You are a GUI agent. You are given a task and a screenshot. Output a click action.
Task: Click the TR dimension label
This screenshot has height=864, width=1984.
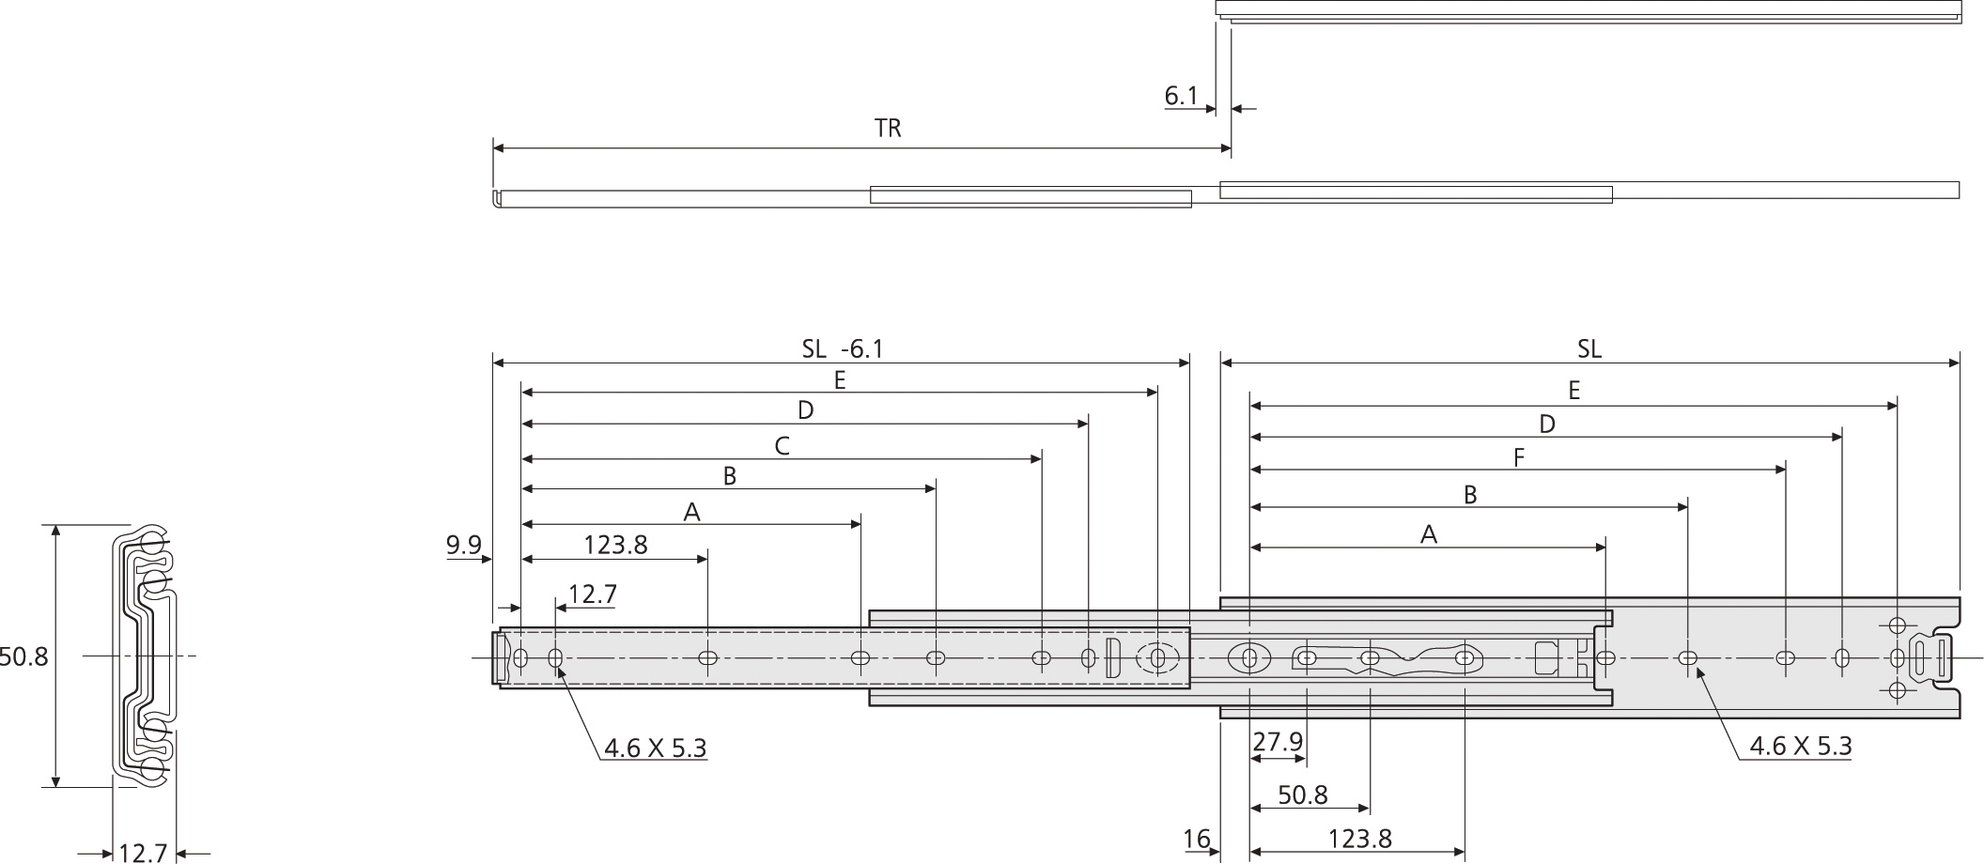[x=888, y=129]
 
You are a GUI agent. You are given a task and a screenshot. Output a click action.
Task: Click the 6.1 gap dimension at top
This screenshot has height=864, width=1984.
[x=1181, y=96]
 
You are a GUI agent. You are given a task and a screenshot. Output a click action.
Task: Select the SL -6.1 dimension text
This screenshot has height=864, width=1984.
[x=843, y=349]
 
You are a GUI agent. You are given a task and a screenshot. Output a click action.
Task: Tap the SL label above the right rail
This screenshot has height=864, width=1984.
[x=1589, y=349]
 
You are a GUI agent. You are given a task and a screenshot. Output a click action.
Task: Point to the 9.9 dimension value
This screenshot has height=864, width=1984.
[x=463, y=545]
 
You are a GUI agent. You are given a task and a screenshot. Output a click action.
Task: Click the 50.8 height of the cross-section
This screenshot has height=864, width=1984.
[x=23, y=656]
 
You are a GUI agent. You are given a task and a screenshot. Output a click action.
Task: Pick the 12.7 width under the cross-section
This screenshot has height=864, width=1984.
[x=143, y=852]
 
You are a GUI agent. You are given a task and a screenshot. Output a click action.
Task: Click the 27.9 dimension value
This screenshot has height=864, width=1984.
[x=1278, y=742]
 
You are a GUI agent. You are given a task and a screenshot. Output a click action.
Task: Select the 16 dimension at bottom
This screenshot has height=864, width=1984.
[x=1197, y=839]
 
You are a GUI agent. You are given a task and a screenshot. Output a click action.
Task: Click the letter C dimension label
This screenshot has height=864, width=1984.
[x=782, y=446]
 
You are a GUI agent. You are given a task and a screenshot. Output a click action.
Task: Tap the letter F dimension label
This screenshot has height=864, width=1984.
[x=1519, y=458]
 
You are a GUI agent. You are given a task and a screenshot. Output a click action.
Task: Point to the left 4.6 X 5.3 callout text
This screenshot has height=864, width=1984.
[x=655, y=748]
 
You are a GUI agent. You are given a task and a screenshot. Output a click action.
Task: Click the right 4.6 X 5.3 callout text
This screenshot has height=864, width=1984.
[x=1800, y=746]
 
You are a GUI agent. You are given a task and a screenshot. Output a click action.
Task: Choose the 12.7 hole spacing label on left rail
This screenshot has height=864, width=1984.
[x=593, y=594]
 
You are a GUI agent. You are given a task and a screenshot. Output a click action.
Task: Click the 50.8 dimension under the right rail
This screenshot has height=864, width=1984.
[x=1302, y=795]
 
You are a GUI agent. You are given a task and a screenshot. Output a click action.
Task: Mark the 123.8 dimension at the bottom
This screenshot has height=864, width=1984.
[x=1359, y=839]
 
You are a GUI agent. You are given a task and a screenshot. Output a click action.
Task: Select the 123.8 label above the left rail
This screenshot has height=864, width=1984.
[x=615, y=545]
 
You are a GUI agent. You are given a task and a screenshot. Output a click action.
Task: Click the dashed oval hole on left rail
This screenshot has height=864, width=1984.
[x=1159, y=657]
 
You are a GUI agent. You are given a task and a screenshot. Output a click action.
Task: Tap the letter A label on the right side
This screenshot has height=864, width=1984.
[x=1429, y=534]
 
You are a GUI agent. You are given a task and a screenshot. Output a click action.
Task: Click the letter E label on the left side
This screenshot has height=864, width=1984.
[x=840, y=379]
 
